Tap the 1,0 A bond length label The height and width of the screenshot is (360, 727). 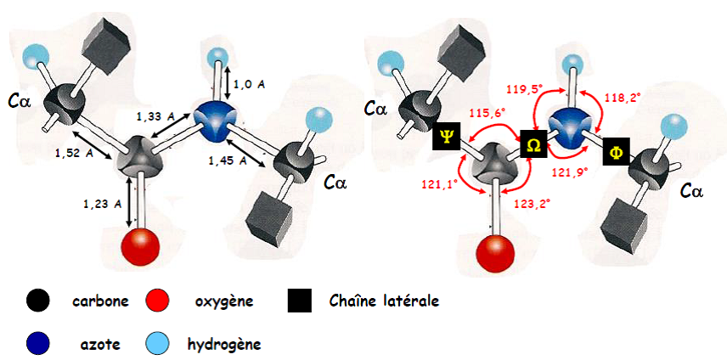(250, 83)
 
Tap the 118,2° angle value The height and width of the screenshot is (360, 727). (622, 98)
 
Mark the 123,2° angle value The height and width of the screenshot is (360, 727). (535, 204)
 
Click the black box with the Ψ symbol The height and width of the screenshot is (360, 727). (447, 136)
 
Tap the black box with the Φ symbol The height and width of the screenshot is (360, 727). (616, 155)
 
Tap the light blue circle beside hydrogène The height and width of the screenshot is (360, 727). (156, 344)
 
